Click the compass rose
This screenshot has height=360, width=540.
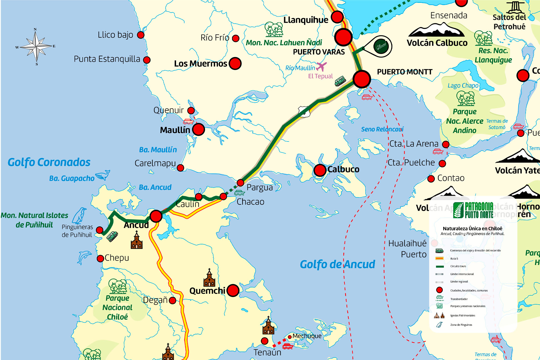36,46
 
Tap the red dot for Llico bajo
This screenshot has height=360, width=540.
141,35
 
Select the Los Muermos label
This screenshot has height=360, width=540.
200,64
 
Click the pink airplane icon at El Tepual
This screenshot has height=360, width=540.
321,67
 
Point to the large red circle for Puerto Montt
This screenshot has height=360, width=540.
362,79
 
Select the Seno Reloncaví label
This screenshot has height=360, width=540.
382,129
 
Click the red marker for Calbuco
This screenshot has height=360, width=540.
320,170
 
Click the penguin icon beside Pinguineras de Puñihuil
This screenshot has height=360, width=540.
80,216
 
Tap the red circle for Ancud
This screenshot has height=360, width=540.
156,216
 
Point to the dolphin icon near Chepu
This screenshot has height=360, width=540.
84,257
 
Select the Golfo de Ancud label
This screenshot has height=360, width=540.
337,264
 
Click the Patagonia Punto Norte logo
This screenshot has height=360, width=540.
473,210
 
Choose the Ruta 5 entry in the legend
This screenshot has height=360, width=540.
454,258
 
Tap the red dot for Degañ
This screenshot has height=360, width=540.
173,300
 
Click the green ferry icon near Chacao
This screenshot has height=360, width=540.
239,193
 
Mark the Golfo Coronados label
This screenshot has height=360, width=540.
49,162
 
